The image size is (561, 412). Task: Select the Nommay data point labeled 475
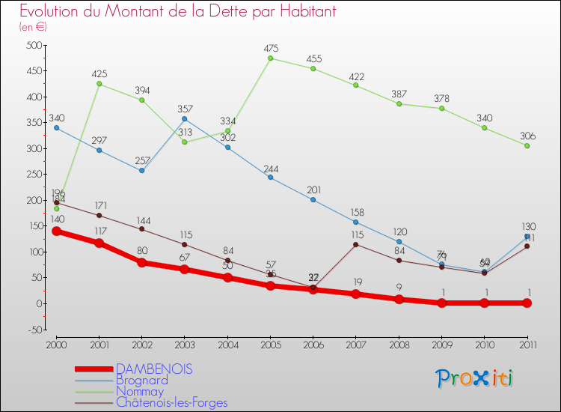(270, 58)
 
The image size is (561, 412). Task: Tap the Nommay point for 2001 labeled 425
(99, 83)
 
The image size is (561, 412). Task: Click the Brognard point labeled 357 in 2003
(185, 118)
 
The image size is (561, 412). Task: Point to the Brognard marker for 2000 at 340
(56, 127)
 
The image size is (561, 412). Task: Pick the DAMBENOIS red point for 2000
(56, 231)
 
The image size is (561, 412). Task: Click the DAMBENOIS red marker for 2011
(527, 303)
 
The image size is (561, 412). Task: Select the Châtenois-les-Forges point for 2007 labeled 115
(355, 244)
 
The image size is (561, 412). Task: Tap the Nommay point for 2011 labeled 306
(527, 145)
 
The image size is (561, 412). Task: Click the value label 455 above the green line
(313, 58)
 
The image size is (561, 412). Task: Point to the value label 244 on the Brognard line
(271, 168)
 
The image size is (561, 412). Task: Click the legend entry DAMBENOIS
(153, 369)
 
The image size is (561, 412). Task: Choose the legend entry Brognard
(141, 380)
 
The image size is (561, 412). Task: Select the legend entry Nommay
(140, 391)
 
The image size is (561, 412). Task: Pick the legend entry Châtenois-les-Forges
(171, 402)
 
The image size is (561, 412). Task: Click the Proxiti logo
(473, 378)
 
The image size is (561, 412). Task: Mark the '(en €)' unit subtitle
(34, 27)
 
